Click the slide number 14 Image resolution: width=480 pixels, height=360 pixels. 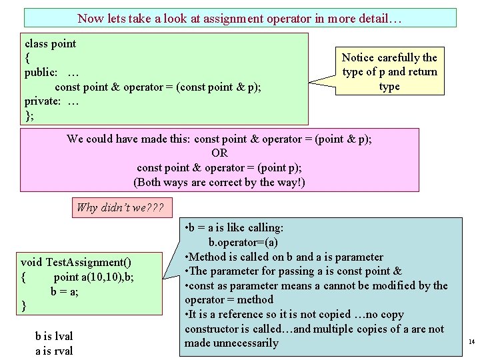pos(471,342)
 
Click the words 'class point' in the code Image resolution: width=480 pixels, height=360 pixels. pos(51,44)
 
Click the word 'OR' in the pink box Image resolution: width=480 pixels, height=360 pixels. pos(219,153)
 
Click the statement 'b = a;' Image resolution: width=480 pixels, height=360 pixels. pos(65,291)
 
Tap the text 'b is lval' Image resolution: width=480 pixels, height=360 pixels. pos(55,337)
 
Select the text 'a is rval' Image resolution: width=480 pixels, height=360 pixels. pos(55,351)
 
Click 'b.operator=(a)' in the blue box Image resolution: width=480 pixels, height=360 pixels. pos(243,242)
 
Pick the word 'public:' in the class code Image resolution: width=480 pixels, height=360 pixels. pos(41,73)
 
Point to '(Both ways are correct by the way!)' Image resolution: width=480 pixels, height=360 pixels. pos(219,182)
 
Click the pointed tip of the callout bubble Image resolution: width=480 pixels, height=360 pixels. pos(309,84)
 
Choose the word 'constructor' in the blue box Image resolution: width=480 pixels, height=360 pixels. pos(212,329)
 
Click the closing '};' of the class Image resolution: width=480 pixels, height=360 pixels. pos(29,115)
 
